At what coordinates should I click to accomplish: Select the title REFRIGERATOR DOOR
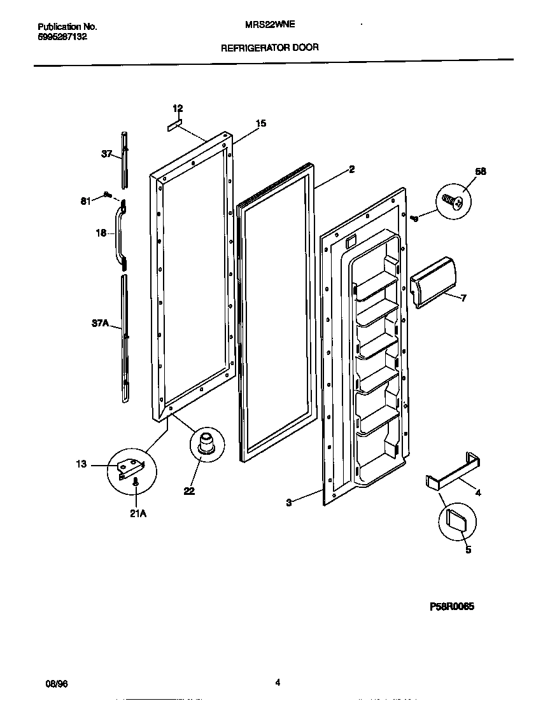tap(270, 47)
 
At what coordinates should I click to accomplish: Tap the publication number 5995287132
tap(62, 37)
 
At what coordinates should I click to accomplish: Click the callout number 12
tap(178, 108)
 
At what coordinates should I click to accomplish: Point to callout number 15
tap(261, 123)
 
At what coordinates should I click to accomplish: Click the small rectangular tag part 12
tap(174, 125)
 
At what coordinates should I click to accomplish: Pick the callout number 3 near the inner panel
tap(288, 503)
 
